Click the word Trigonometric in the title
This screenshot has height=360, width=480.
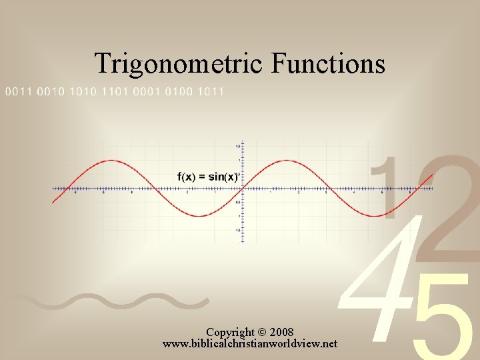click(x=179, y=64)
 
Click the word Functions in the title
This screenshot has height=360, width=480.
click(x=329, y=64)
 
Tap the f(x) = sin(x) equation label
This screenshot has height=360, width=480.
click(x=207, y=177)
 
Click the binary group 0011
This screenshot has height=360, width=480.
click(x=18, y=92)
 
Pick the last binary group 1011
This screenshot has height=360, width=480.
click(x=211, y=92)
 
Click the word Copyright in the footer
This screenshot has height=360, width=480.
click(x=230, y=332)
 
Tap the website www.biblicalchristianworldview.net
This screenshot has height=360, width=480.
click(x=250, y=344)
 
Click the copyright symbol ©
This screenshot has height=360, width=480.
click(x=260, y=332)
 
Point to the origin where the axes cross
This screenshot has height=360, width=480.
click(x=241, y=189)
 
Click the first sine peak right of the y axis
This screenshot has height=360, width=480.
click(x=287, y=161)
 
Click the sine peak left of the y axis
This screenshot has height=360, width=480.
click(x=109, y=161)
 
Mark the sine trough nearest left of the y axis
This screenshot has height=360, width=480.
click(x=197, y=216)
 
